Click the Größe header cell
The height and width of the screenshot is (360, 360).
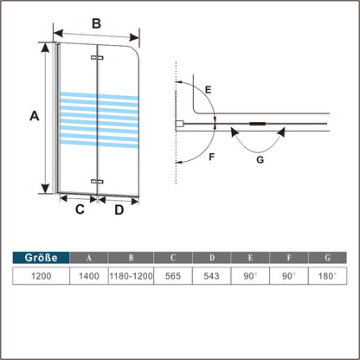pos(41,257)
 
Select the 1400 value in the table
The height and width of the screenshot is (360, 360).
pos(89,276)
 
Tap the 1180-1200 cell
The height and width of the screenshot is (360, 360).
pos(131,276)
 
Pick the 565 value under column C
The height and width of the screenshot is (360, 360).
pos(173,276)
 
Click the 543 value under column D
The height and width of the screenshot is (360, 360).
pos(211,276)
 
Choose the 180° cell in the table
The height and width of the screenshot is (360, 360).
pos(327,276)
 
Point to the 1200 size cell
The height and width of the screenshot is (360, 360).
pos(41,276)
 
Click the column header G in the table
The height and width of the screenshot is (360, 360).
pos(327,257)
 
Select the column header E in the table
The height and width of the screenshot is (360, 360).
pos(250,257)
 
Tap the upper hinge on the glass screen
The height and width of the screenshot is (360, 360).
pos(97,58)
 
